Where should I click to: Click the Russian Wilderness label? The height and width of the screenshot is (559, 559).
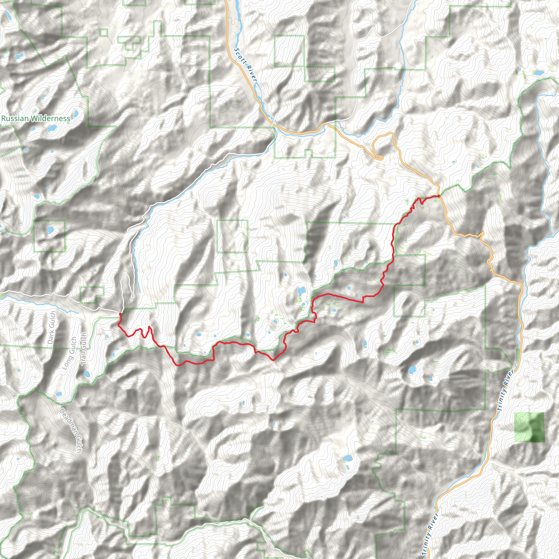click(35, 118)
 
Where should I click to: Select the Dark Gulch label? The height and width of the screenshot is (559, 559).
click(52, 328)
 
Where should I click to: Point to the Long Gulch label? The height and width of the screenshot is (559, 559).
click(69, 353)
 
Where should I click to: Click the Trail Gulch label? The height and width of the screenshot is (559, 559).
click(83, 349)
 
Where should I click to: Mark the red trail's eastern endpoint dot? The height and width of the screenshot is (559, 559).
click(439, 196)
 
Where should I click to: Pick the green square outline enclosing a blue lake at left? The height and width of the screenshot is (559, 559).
click(50, 236)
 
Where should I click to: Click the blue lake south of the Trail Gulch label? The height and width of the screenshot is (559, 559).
click(87, 374)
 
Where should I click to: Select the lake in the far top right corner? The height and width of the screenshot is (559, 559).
click(538, 73)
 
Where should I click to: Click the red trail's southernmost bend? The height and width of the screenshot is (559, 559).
click(179, 365)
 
